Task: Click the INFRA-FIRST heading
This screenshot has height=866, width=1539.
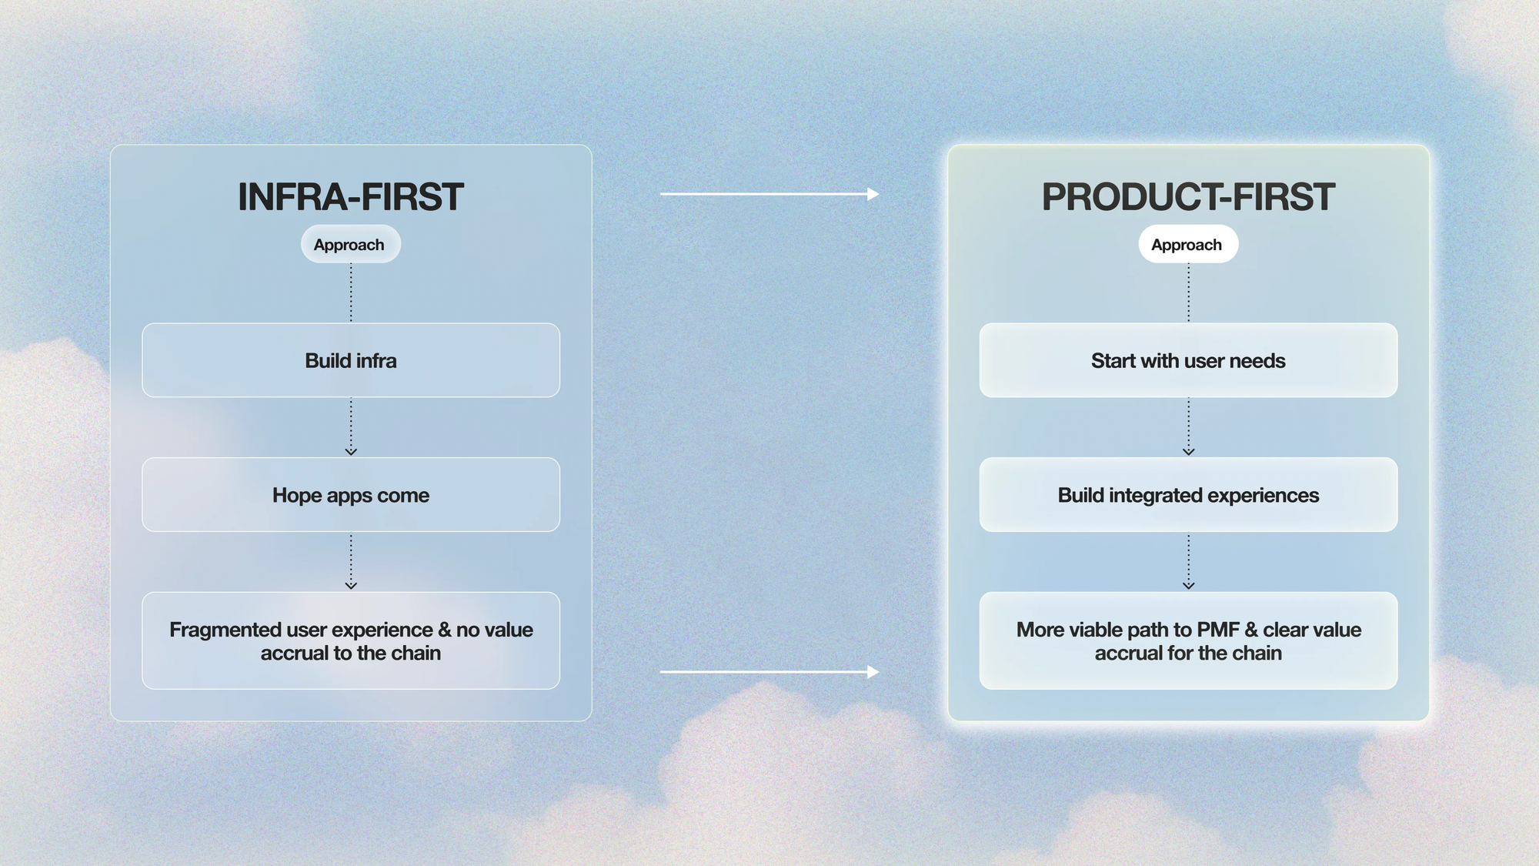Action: [x=351, y=197]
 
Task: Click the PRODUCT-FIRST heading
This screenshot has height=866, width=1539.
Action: [x=1188, y=197]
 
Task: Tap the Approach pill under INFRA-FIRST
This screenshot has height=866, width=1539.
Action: [x=350, y=244]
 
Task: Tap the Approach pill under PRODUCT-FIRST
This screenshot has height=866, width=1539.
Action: [x=1188, y=244]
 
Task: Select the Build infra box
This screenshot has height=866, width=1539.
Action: [x=351, y=360]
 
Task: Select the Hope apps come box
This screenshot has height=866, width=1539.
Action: [x=351, y=495]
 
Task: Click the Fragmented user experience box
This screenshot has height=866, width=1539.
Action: [x=351, y=640]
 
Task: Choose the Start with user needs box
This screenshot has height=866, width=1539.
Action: [x=1188, y=360]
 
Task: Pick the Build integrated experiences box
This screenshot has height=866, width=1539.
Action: [x=1188, y=495]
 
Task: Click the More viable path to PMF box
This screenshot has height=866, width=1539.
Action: [x=1188, y=640]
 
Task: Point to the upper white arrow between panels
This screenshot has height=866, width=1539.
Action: [x=769, y=194]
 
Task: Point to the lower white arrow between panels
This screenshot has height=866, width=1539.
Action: [x=769, y=672]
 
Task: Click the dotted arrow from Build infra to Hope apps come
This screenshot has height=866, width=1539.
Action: [x=351, y=426]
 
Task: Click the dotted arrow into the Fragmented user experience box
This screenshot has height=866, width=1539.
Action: [x=351, y=561]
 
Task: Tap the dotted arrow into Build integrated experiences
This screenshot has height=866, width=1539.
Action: [x=1188, y=426]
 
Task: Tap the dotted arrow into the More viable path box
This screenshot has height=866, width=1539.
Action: [x=1188, y=561]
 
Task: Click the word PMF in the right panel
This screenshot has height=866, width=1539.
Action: [x=1217, y=630]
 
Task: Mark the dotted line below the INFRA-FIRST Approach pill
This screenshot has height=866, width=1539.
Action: [x=351, y=293]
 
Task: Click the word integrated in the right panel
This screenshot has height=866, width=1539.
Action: [x=1156, y=496]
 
